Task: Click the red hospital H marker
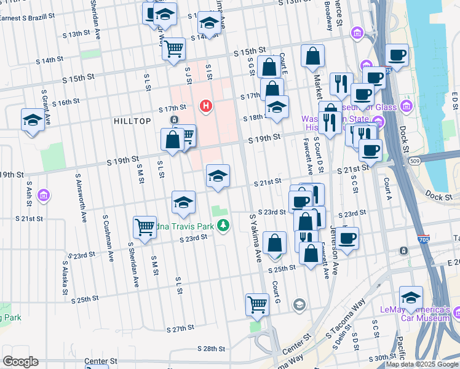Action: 206,106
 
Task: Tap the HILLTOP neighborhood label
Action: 132,121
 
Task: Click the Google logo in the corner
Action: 20,362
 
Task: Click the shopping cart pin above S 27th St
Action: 257,303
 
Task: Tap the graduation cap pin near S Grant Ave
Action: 32,119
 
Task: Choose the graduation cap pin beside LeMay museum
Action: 411,297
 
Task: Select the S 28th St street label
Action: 212,348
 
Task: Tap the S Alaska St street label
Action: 63,278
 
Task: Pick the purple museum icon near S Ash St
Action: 44,196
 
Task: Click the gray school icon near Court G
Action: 299,304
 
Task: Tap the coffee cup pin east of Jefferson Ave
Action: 347,237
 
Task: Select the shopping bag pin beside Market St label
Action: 312,56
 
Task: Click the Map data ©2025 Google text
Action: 421,364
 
